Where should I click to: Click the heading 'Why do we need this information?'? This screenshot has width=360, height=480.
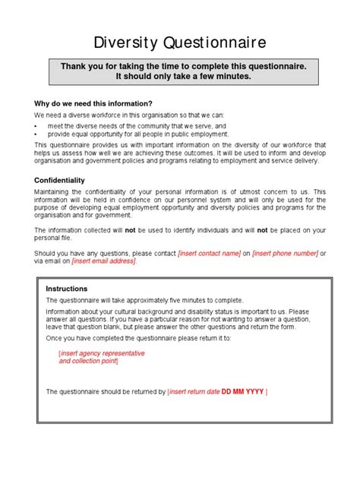[x=93, y=103]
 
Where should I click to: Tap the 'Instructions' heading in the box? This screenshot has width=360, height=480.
[x=67, y=289]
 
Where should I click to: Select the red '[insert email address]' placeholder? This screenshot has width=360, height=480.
[x=104, y=261]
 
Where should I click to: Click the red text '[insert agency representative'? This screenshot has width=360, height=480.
[x=102, y=353]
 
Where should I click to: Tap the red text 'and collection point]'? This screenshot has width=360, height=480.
[x=89, y=362]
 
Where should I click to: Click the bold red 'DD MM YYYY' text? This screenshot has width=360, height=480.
[x=242, y=391]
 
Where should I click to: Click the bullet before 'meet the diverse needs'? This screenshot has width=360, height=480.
[x=36, y=125]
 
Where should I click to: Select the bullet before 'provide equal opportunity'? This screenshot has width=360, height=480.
[x=36, y=134]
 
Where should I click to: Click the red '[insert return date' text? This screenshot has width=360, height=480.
[x=193, y=391]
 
